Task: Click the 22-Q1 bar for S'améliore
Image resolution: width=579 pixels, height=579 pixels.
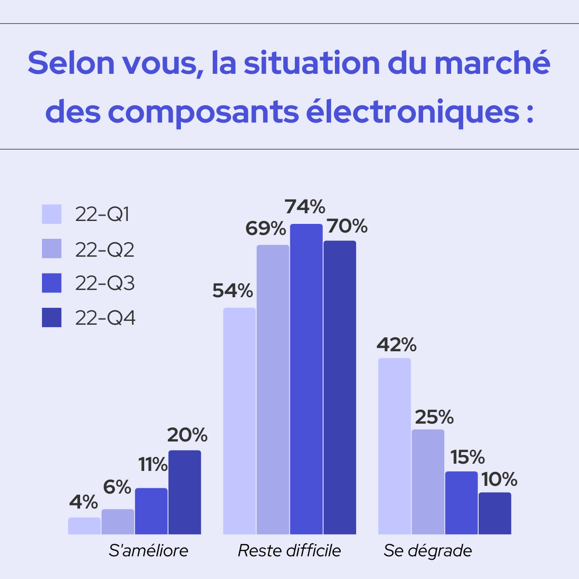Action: click(x=84, y=526)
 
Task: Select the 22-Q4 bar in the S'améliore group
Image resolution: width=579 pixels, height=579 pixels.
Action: click(x=185, y=492)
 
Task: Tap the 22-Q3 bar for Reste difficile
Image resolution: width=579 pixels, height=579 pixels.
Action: click(x=306, y=379)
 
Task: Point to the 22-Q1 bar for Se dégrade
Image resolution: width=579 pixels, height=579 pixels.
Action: click(x=395, y=446)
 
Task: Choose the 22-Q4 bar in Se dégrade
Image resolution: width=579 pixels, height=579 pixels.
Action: click(x=495, y=513)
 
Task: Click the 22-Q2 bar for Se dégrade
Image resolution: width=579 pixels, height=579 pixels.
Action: click(x=428, y=482)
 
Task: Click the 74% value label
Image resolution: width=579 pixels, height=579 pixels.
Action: click(x=305, y=207)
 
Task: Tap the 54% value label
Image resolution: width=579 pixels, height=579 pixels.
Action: click(x=233, y=291)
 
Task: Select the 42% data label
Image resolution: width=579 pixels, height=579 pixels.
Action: click(x=397, y=345)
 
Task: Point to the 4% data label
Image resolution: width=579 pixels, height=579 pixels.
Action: click(x=83, y=502)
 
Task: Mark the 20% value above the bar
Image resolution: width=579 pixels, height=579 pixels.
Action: click(x=187, y=435)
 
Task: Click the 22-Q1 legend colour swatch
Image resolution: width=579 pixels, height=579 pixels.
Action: click(x=52, y=214)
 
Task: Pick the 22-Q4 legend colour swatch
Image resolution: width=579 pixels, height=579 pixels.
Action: click(x=52, y=317)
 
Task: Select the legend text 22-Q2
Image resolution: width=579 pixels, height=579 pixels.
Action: click(x=105, y=249)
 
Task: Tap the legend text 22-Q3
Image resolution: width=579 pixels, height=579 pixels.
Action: click(x=105, y=283)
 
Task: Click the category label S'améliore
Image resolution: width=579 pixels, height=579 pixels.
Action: click(x=149, y=551)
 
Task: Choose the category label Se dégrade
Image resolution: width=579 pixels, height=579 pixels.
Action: click(x=428, y=551)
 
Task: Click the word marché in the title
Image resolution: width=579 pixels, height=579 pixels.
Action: click(x=492, y=63)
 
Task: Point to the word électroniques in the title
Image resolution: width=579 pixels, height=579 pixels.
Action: click(x=413, y=112)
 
